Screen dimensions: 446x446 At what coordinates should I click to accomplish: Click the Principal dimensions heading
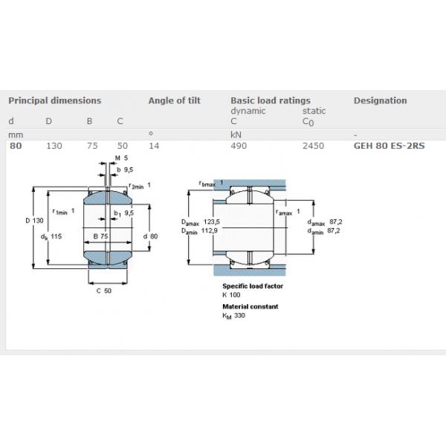(x=54, y=100)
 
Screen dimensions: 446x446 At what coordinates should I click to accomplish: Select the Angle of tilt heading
(x=175, y=100)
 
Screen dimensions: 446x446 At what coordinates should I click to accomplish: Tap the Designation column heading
(x=381, y=100)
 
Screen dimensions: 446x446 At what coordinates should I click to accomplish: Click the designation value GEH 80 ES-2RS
(x=389, y=146)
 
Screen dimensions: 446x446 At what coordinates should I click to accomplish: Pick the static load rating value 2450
(x=313, y=146)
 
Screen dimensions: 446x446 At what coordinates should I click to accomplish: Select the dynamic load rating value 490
(x=239, y=146)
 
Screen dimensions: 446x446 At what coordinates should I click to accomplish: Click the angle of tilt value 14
(x=154, y=146)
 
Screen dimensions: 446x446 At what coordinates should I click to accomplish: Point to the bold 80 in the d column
(x=16, y=146)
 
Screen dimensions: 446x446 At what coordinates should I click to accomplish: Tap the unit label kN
(x=236, y=135)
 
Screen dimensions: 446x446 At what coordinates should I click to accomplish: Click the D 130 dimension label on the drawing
(x=34, y=221)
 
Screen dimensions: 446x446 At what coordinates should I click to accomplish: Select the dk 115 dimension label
(x=51, y=236)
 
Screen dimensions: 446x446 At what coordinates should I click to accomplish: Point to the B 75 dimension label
(x=100, y=236)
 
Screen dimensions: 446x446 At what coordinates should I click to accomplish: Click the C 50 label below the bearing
(x=104, y=291)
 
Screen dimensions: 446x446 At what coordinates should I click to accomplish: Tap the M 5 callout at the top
(x=121, y=158)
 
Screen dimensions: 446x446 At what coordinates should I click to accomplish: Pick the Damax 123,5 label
(x=201, y=222)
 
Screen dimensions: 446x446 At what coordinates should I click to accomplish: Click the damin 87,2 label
(x=323, y=231)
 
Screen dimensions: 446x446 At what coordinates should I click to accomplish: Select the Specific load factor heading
(x=253, y=286)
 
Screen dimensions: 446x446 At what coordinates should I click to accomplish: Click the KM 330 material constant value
(x=233, y=316)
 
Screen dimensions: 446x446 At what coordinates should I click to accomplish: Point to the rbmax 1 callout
(x=211, y=184)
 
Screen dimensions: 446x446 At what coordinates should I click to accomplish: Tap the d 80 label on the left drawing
(x=150, y=236)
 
